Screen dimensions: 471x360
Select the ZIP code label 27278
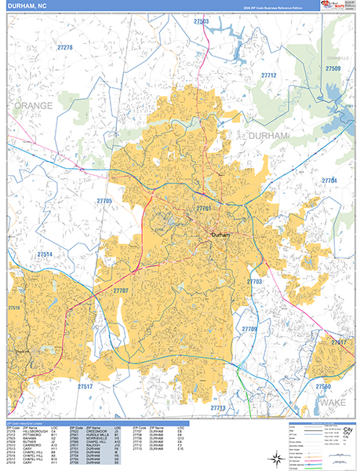[x=64, y=48]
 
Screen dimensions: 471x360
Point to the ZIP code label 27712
[x=269, y=75]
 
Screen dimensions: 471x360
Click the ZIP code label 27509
[x=333, y=69]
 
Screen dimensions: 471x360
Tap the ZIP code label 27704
[x=329, y=181]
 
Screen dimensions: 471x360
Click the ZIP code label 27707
[x=120, y=291]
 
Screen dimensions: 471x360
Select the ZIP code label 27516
[x=14, y=309]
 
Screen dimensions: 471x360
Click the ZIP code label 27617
[x=338, y=343]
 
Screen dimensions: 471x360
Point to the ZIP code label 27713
[x=217, y=408]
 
